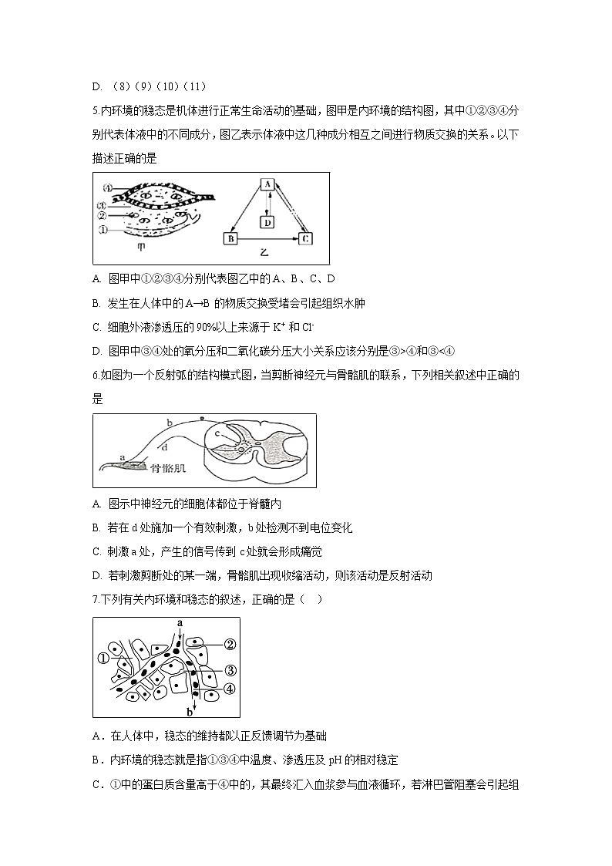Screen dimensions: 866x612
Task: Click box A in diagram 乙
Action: point(267,184)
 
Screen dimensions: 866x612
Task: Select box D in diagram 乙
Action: point(267,222)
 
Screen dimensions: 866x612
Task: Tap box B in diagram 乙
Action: point(230,239)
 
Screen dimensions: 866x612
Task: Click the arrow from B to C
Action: point(267,239)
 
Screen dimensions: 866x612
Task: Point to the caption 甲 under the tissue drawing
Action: point(141,248)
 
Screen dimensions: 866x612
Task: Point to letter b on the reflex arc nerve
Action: point(168,422)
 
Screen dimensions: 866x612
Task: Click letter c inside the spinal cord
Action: point(219,433)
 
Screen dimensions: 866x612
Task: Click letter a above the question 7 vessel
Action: point(180,622)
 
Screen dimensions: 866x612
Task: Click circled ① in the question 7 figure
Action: point(103,659)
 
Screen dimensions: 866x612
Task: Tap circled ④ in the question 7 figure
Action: point(229,688)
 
